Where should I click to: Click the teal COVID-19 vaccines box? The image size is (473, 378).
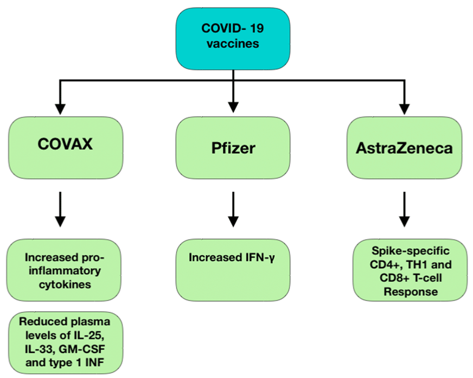pos(233,39)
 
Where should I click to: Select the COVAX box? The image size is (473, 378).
pos(66,148)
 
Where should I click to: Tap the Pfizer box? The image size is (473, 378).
pos(233,148)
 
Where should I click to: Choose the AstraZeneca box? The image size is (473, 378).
pos(404,148)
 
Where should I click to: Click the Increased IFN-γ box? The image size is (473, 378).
pos(233,270)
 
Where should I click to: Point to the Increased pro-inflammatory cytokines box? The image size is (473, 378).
pos(64,270)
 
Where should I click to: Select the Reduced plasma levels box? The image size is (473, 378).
pos(66,343)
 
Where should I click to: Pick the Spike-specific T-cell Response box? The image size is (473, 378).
pos(410,270)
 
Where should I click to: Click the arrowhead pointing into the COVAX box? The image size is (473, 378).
pos(60,109)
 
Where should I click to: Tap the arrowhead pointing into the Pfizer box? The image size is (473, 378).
pos(233,108)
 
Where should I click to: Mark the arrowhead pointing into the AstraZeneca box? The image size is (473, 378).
pos(404,109)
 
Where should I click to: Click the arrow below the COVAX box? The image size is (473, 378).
pos(60,209)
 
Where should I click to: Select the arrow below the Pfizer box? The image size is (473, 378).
pos(233,209)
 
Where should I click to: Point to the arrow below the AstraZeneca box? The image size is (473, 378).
pos(404,209)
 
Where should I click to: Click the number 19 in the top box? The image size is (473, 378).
pos(257,28)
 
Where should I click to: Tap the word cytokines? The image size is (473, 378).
pos(65,285)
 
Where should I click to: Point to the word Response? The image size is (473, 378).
pos(411,292)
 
